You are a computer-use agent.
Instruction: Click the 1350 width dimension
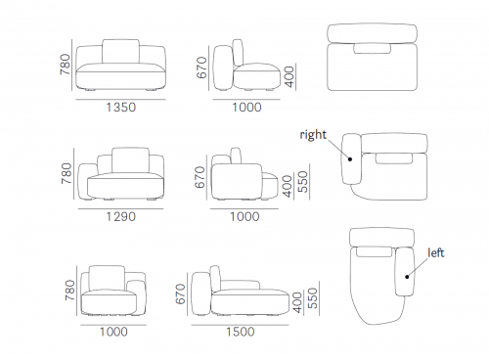[121, 108]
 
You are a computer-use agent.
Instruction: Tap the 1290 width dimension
[121, 216]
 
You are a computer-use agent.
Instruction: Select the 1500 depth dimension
[241, 332]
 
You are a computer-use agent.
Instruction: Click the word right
[313, 135]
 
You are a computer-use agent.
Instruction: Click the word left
[436, 252]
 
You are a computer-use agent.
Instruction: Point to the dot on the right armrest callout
[350, 159]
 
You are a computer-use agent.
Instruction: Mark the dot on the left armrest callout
[407, 277]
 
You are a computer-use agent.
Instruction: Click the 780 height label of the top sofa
[66, 65]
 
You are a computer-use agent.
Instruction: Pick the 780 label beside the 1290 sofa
[67, 173]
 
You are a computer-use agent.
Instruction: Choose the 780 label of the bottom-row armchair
[70, 290]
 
